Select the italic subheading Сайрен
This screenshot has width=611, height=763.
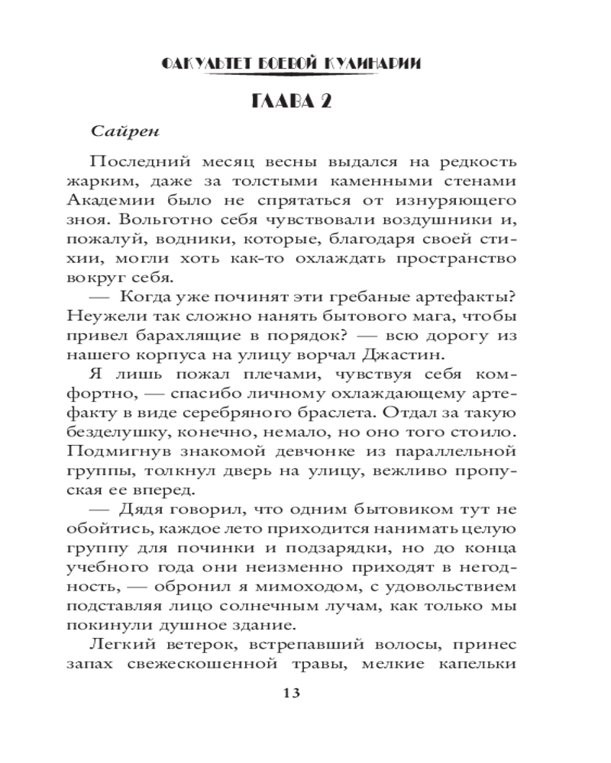[124, 130]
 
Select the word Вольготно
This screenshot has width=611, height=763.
[155, 221]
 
